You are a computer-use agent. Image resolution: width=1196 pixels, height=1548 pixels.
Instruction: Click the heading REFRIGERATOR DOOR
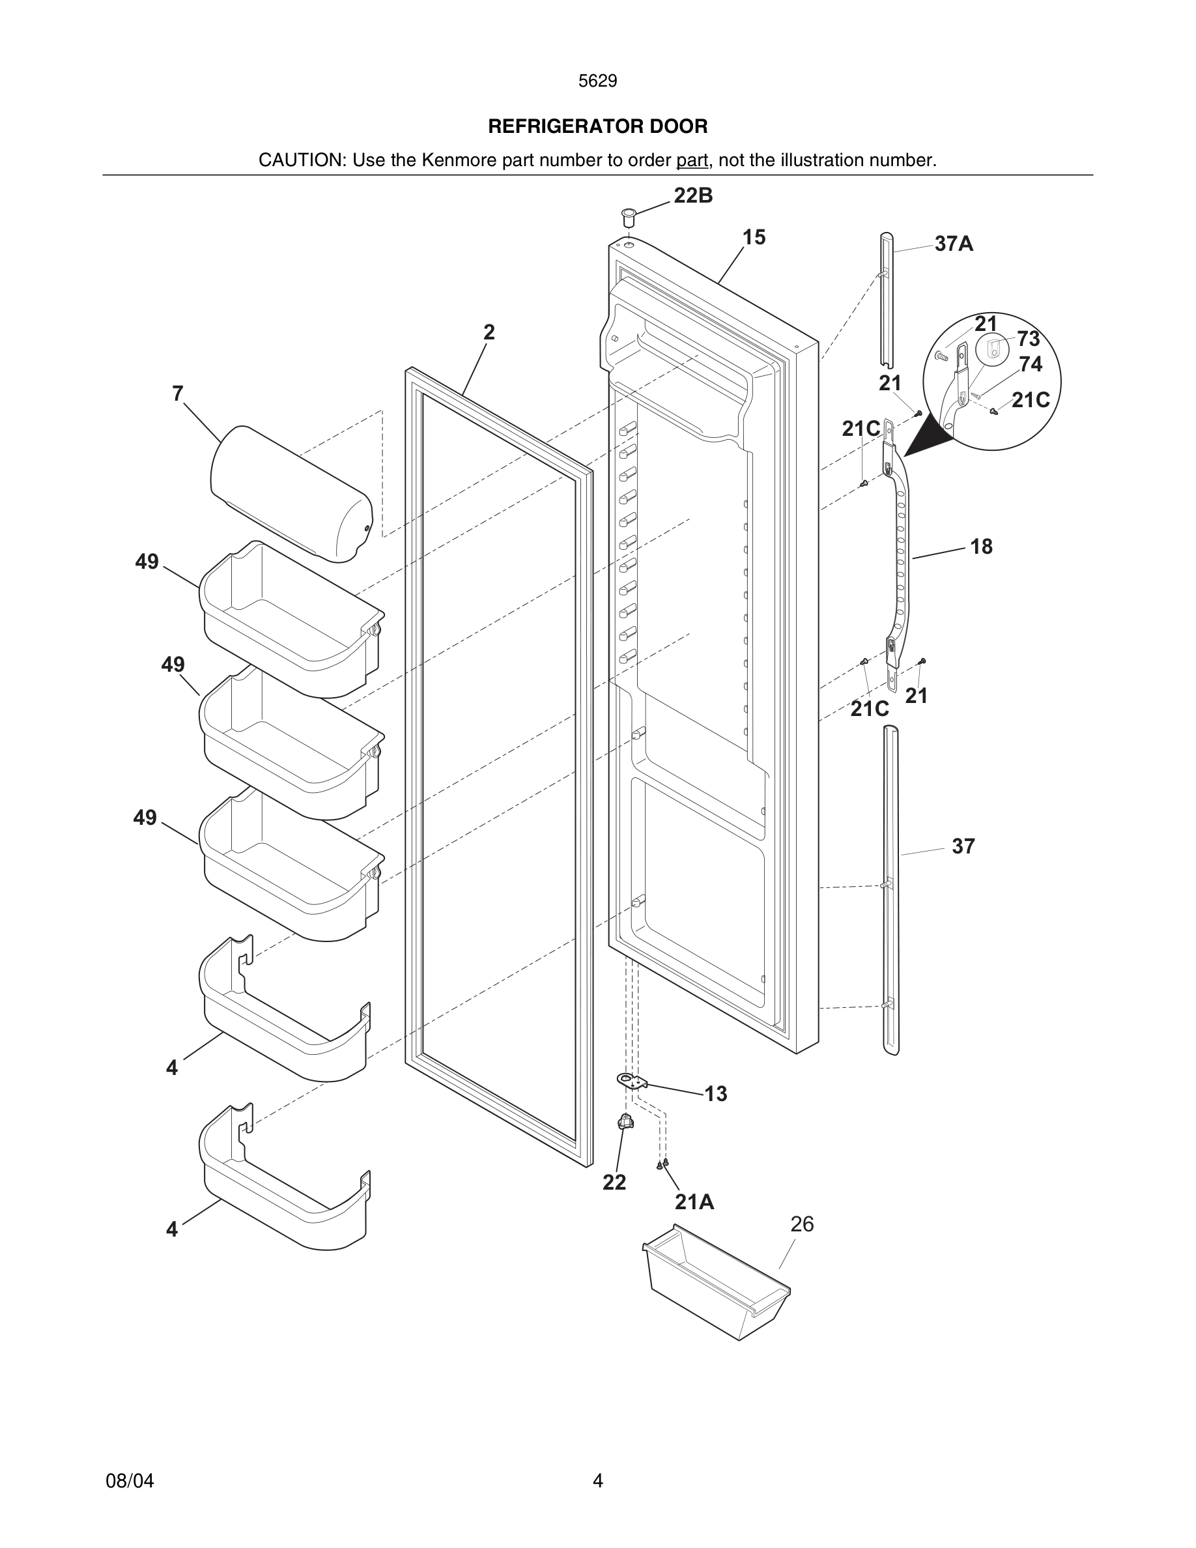[597, 127]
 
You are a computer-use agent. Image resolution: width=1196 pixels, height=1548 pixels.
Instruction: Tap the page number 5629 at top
[597, 81]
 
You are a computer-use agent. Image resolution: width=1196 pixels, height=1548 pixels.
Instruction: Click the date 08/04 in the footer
[130, 1481]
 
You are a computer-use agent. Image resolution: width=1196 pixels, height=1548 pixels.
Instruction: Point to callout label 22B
[693, 196]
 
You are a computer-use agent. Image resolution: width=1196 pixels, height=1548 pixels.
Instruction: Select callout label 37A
[954, 244]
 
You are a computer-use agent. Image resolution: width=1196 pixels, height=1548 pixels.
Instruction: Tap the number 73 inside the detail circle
[1028, 339]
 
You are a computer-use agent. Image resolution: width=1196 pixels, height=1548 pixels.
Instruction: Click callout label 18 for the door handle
[980, 547]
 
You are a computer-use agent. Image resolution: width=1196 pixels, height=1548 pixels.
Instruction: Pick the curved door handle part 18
[902, 560]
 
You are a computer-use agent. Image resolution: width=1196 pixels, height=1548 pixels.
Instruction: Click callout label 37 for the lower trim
[963, 846]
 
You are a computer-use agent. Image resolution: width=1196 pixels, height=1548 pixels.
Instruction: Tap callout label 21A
[694, 1202]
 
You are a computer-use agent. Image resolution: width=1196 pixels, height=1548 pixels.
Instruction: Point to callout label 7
[178, 394]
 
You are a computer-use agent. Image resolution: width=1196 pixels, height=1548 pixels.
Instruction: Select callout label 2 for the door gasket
[489, 332]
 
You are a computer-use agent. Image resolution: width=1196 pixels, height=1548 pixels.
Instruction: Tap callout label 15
[754, 237]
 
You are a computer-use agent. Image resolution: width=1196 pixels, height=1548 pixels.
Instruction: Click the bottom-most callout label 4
[172, 1229]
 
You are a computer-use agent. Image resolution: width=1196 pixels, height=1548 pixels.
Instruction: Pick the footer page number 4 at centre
[597, 1481]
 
